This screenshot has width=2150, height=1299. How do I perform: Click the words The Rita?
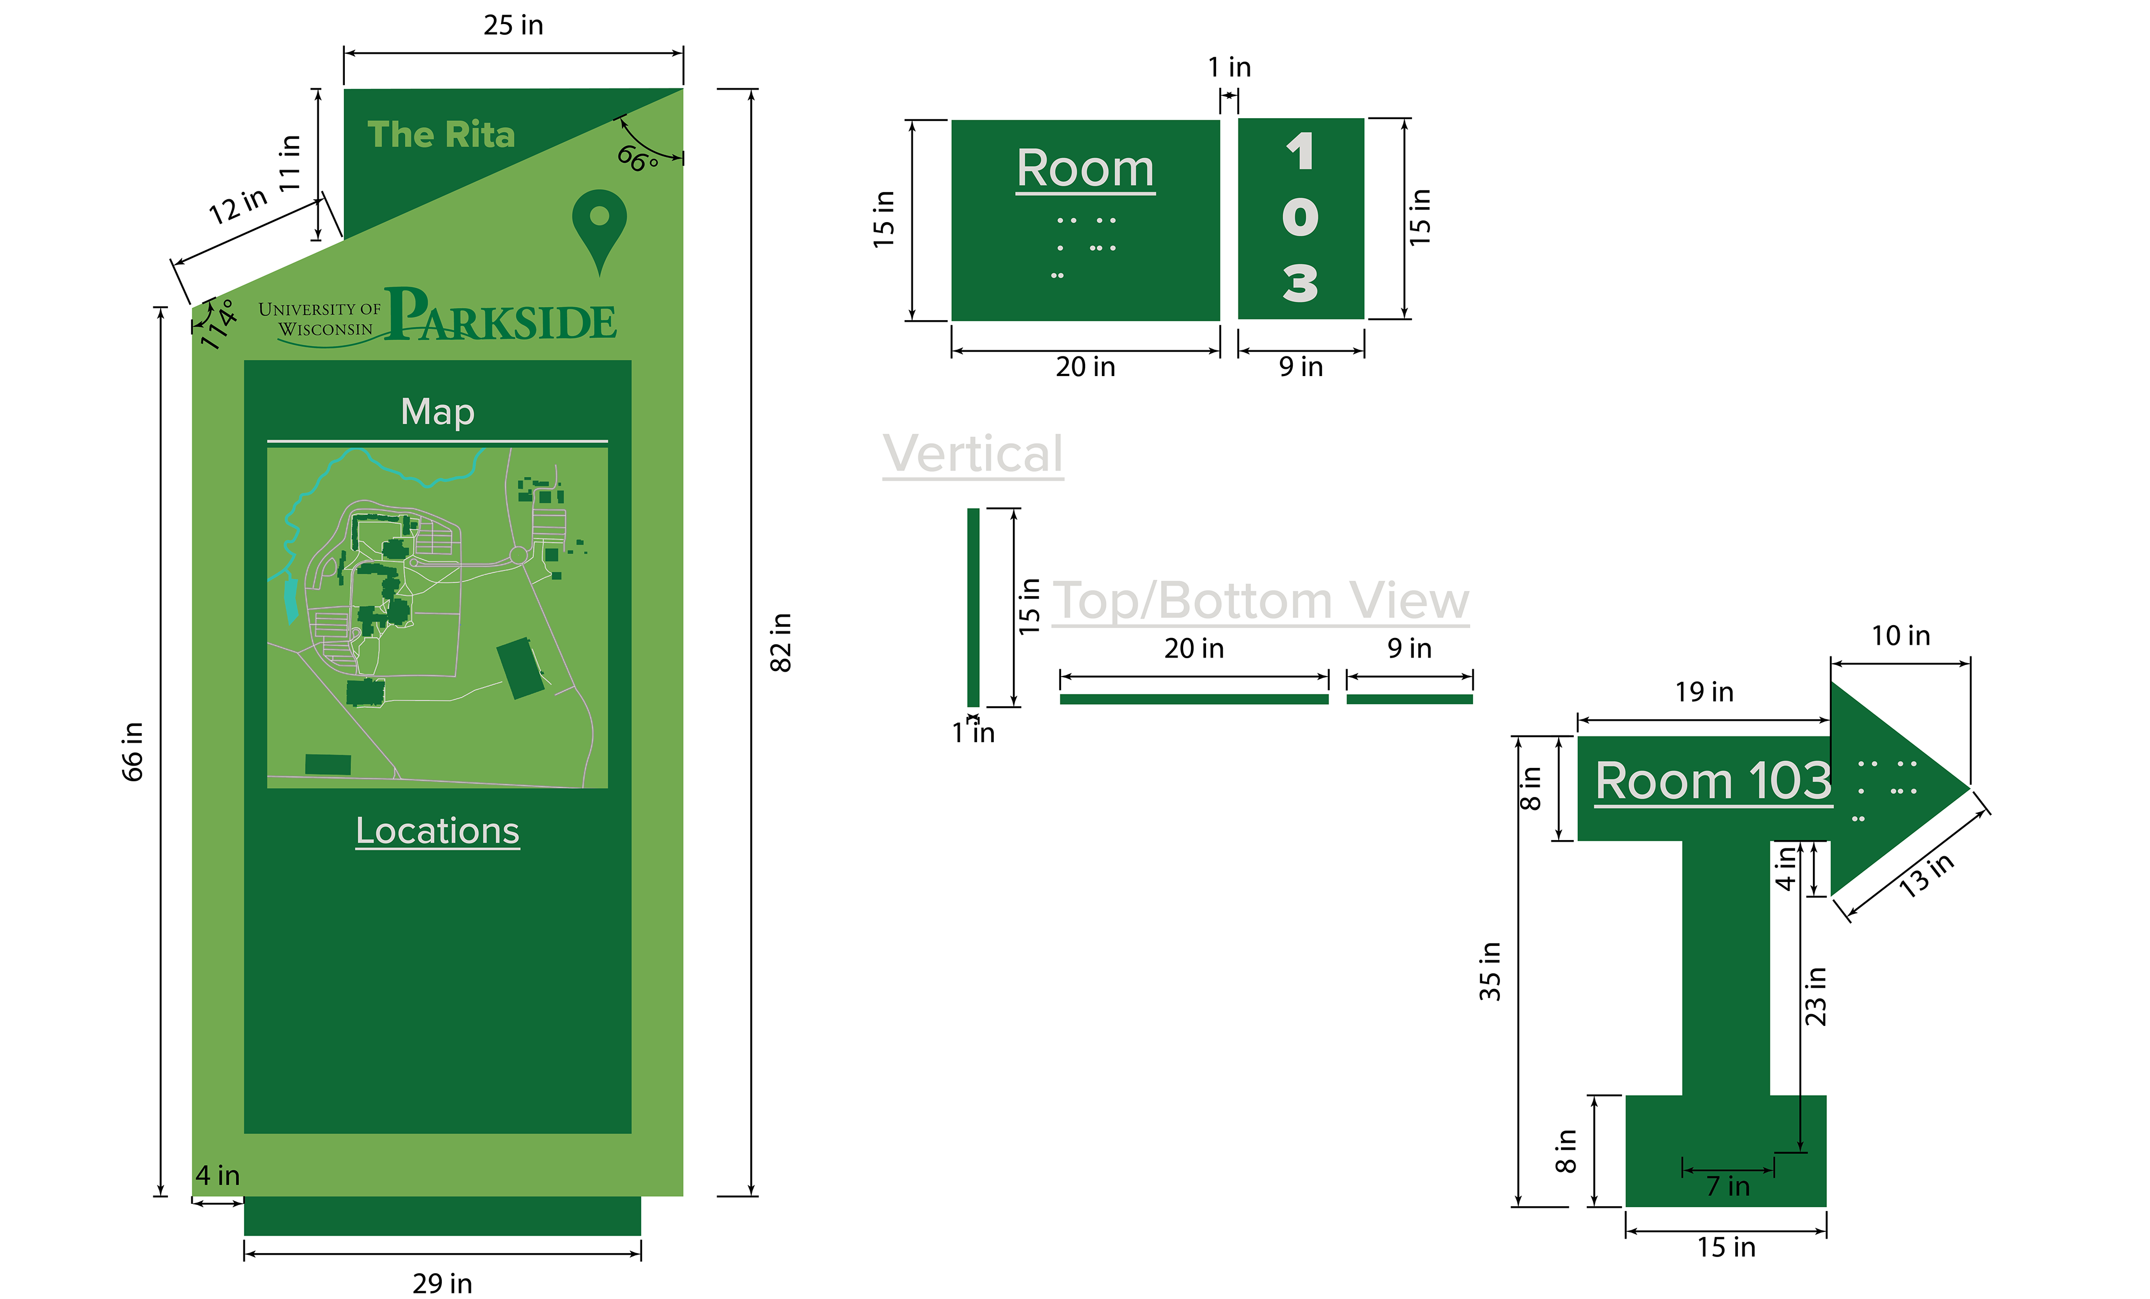pyautogui.click(x=441, y=135)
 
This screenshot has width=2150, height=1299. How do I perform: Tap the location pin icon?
pyautogui.click(x=600, y=227)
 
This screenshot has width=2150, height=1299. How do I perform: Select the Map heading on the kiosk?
pyautogui.click(x=437, y=412)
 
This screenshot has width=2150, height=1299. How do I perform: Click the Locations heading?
pyautogui.click(x=437, y=831)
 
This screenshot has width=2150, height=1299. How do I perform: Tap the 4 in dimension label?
pyautogui.click(x=217, y=1175)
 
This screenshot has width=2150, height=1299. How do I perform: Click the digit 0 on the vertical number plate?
pyautogui.click(x=1300, y=217)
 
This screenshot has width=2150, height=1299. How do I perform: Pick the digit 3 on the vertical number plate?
pyautogui.click(x=1300, y=284)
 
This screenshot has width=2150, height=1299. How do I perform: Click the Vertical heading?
pyautogui.click(x=973, y=454)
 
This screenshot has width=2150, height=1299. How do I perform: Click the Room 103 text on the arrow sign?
pyautogui.click(x=1713, y=780)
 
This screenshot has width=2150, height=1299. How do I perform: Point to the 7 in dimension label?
pyautogui.click(x=1728, y=1187)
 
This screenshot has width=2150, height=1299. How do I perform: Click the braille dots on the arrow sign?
pyautogui.click(x=1885, y=790)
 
